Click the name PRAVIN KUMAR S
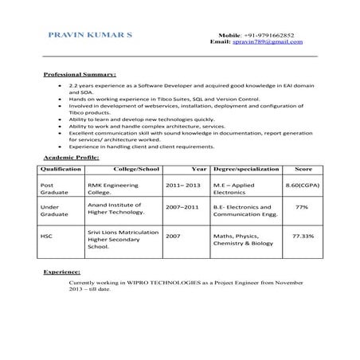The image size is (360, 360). click(x=91, y=37)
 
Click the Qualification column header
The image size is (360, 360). click(x=61, y=170)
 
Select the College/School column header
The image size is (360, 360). click(x=136, y=170)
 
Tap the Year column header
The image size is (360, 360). click(x=199, y=170)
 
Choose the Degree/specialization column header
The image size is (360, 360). click(x=246, y=170)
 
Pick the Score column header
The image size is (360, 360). click(x=303, y=170)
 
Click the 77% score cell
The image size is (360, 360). click(x=303, y=206)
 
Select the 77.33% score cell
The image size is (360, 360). click(x=303, y=237)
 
